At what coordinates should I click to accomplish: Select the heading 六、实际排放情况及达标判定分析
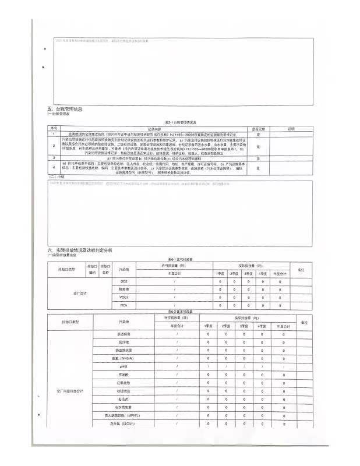[80, 250]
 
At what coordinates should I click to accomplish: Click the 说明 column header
[292, 129]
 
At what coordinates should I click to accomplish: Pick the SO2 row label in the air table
[123, 282]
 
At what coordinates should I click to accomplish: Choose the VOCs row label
[123, 297]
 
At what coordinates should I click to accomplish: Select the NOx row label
[123, 305]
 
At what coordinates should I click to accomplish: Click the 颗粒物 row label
[123, 290]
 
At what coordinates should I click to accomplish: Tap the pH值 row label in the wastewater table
[122, 366]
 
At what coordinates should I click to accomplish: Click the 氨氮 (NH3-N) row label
[122, 358]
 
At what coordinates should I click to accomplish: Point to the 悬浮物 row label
[122, 342]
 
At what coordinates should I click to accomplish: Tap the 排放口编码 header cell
[92, 269]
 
